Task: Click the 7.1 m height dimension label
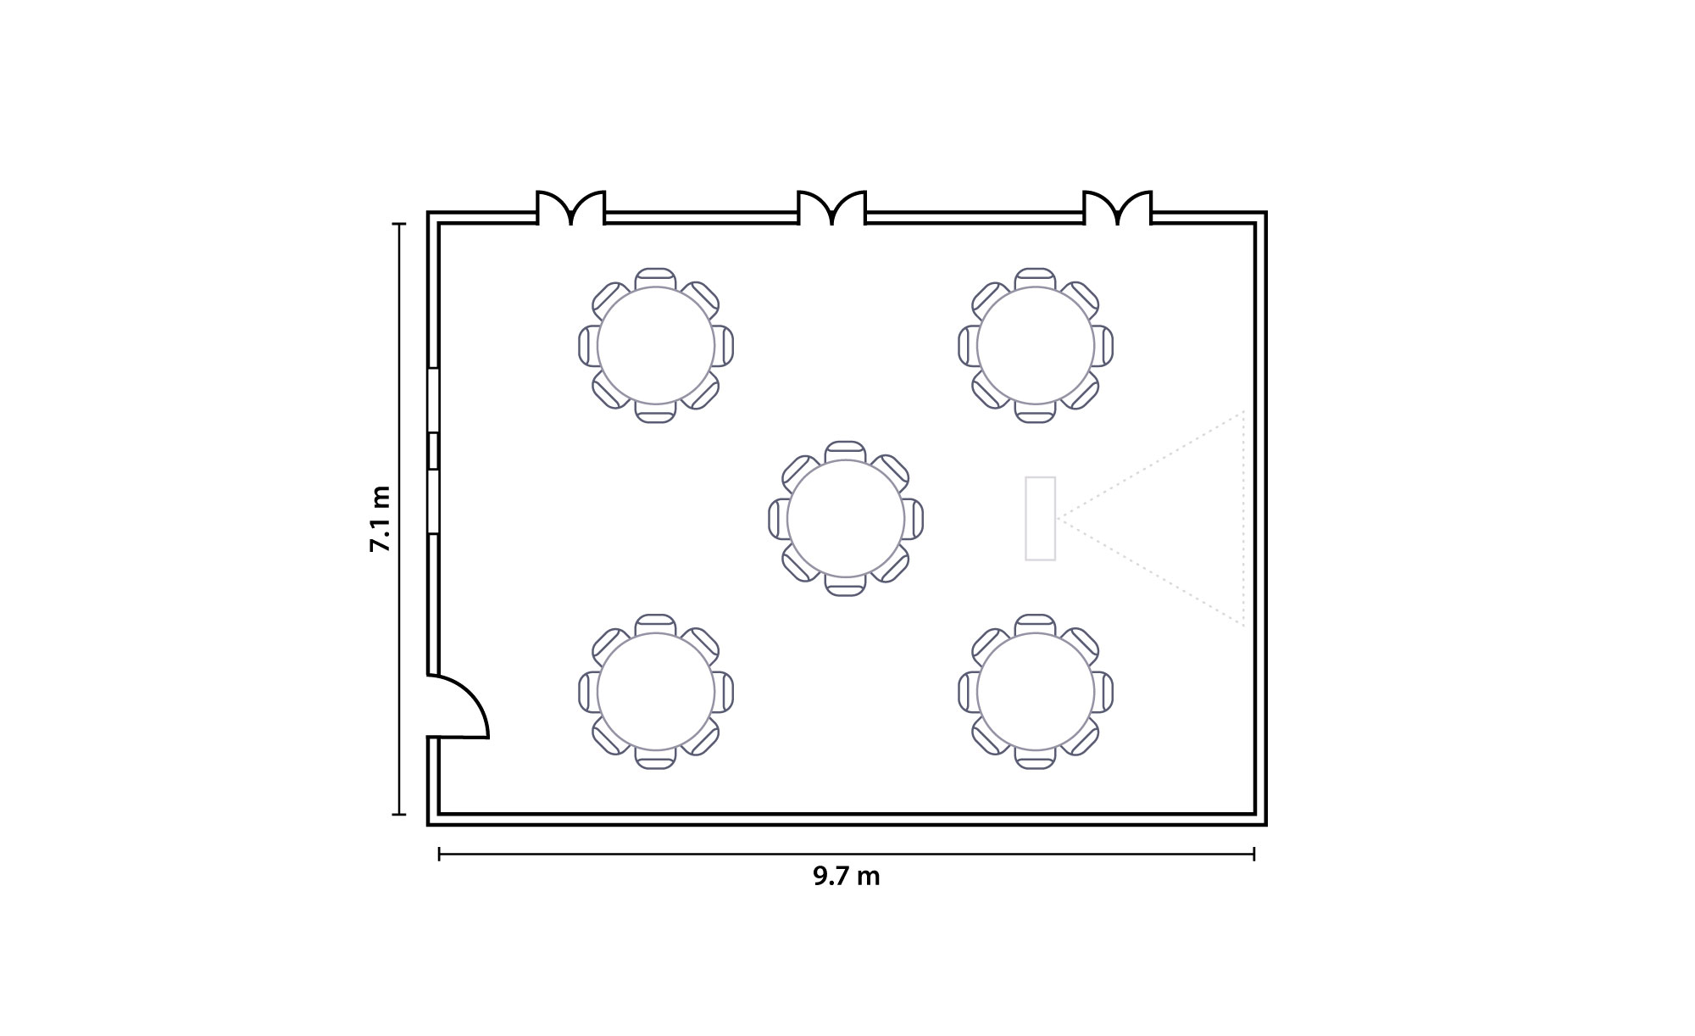click(380, 520)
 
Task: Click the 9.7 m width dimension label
click(847, 877)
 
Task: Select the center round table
click(846, 519)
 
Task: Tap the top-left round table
click(656, 346)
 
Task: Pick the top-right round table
click(1036, 346)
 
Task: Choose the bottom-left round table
click(656, 692)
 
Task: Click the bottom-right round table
click(1036, 692)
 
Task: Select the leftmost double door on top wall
click(571, 207)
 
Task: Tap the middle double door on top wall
click(832, 207)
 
